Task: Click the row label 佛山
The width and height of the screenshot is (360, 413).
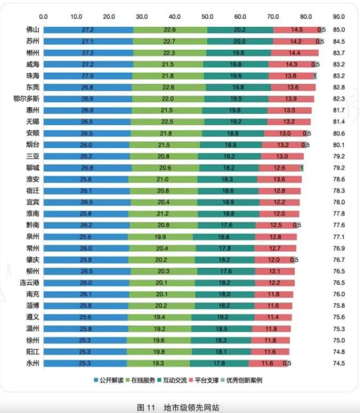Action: (24, 30)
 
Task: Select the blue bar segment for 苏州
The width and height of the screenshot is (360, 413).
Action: (88, 41)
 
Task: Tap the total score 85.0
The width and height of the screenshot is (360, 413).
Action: (339, 30)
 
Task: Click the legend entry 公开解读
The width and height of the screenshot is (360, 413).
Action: (112, 380)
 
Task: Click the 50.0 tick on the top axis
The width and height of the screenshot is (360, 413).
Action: (207, 16)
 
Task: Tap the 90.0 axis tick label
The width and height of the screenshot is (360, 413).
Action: (339, 16)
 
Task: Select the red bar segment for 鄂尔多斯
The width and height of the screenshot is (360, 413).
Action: (291, 99)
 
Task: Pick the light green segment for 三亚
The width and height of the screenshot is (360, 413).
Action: (163, 156)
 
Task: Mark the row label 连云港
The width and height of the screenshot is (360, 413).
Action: (21, 283)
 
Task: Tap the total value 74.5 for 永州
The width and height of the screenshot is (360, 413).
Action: (339, 363)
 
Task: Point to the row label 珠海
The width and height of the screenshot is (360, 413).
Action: (24, 76)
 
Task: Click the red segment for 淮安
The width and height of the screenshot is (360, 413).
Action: (279, 179)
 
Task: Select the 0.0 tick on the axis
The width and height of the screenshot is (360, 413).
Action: (44, 16)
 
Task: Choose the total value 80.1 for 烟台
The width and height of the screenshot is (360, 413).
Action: (339, 145)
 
